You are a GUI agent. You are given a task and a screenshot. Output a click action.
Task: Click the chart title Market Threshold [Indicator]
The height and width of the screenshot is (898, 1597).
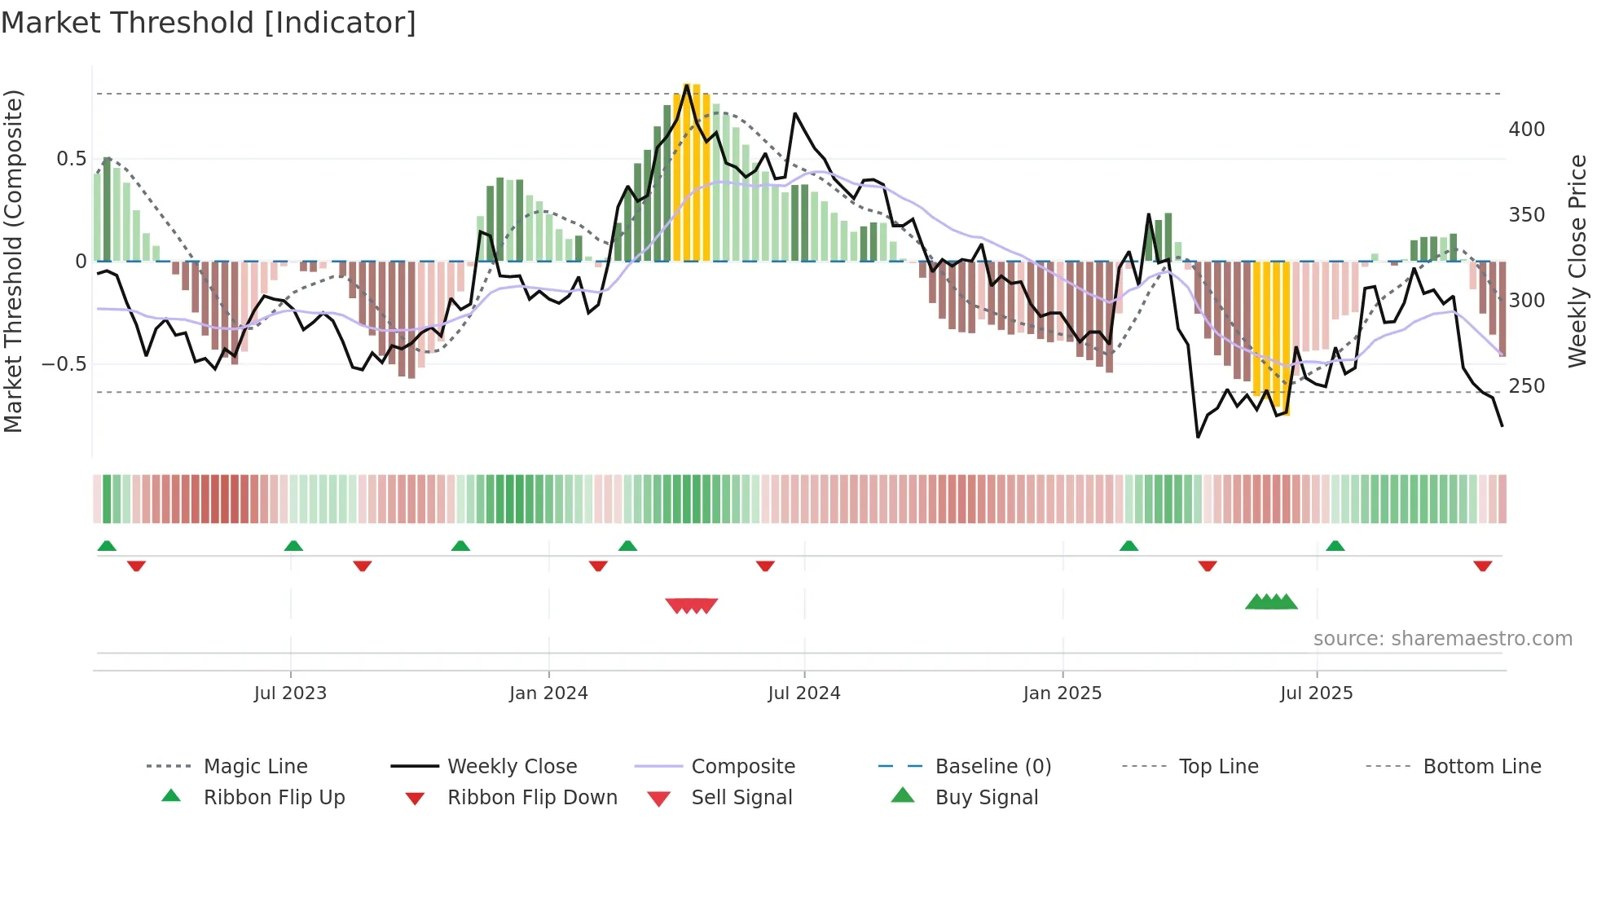tap(209, 23)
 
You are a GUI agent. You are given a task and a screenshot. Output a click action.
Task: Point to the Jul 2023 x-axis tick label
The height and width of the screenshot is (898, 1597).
tap(290, 693)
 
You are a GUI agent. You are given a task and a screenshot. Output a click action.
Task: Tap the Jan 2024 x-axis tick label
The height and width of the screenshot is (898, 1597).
tap(548, 693)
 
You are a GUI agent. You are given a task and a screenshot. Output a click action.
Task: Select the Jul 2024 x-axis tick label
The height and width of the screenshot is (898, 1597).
tap(804, 693)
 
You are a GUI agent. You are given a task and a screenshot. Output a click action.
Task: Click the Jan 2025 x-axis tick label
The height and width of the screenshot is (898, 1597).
tap(1062, 693)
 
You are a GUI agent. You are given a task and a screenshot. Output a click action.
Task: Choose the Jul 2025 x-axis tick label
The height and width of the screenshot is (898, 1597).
tap(1317, 693)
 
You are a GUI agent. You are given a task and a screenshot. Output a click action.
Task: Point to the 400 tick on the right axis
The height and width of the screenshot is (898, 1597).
tap(1527, 130)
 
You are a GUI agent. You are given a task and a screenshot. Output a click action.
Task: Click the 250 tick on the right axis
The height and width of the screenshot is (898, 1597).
tap(1527, 386)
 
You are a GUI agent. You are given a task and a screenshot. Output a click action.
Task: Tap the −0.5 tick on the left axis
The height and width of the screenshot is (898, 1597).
tap(64, 364)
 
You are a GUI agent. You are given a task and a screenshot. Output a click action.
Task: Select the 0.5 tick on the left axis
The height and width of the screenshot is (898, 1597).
tap(72, 159)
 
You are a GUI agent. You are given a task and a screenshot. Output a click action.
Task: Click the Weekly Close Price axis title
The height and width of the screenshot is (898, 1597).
tap(1578, 261)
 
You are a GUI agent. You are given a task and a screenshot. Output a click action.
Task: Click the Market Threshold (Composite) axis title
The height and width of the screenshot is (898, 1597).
tap(14, 261)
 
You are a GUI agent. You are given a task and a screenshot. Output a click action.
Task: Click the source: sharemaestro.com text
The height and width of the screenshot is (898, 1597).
tap(1443, 639)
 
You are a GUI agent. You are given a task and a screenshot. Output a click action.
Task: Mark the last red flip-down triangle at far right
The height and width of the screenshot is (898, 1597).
tap(1483, 566)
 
